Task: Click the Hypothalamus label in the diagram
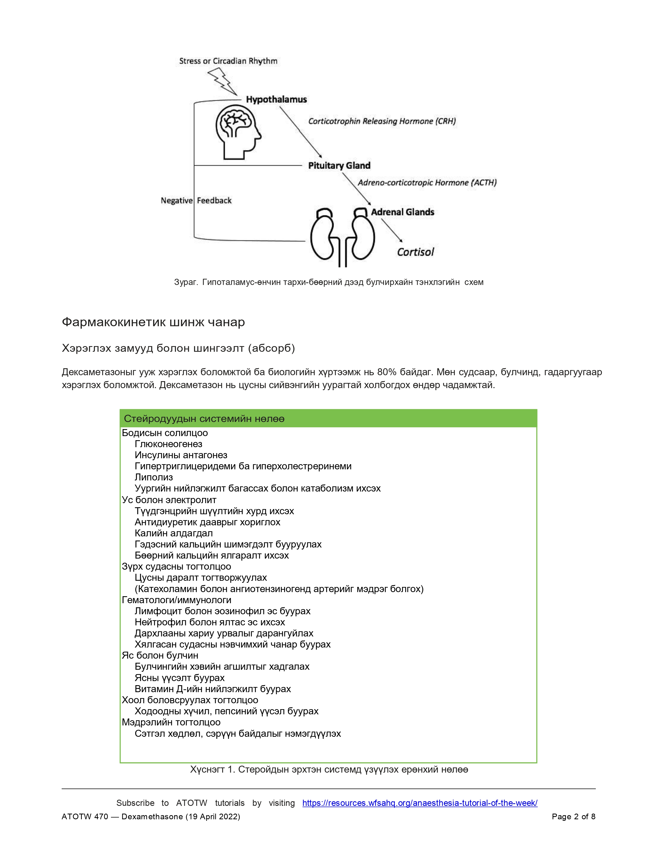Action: [276, 100]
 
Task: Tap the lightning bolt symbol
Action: [222, 81]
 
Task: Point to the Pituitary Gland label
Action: [339, 166]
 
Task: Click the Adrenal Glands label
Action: [402, 212]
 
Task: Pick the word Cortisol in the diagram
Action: [415, 252]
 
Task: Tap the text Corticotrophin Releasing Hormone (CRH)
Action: [382, 121]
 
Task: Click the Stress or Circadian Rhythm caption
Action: [228, 61]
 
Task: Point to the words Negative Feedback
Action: [196, 201]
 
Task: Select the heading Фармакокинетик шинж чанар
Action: [153, 322]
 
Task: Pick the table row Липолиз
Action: [154, 477]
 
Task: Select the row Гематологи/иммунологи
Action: [176, 600]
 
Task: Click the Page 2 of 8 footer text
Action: [573, 816]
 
